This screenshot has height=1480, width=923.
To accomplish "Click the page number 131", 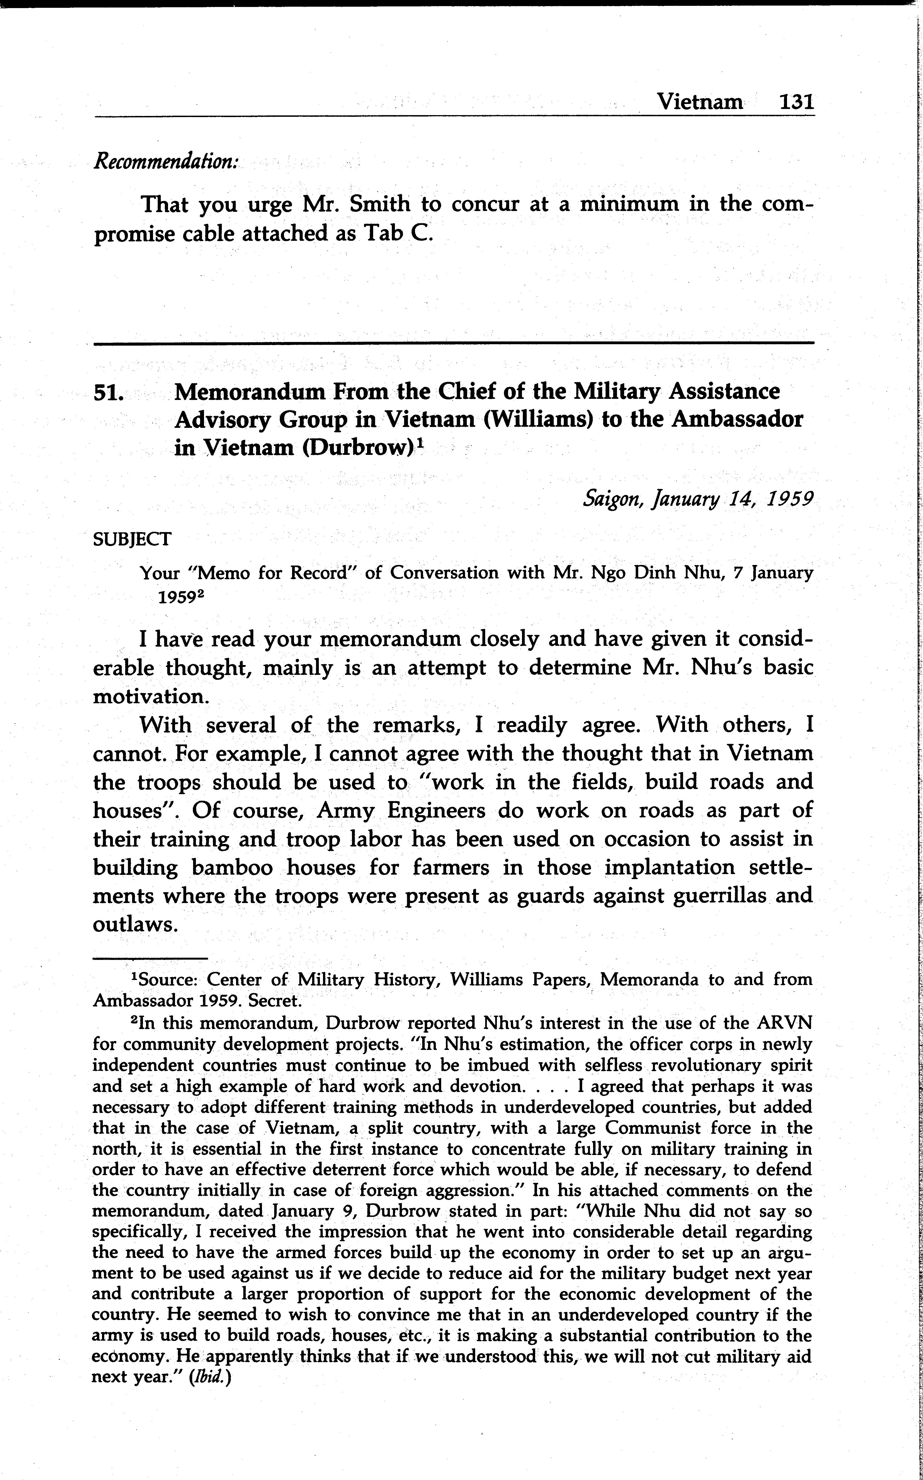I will [797, 101].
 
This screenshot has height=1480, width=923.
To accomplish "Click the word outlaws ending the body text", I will [135, 925].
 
